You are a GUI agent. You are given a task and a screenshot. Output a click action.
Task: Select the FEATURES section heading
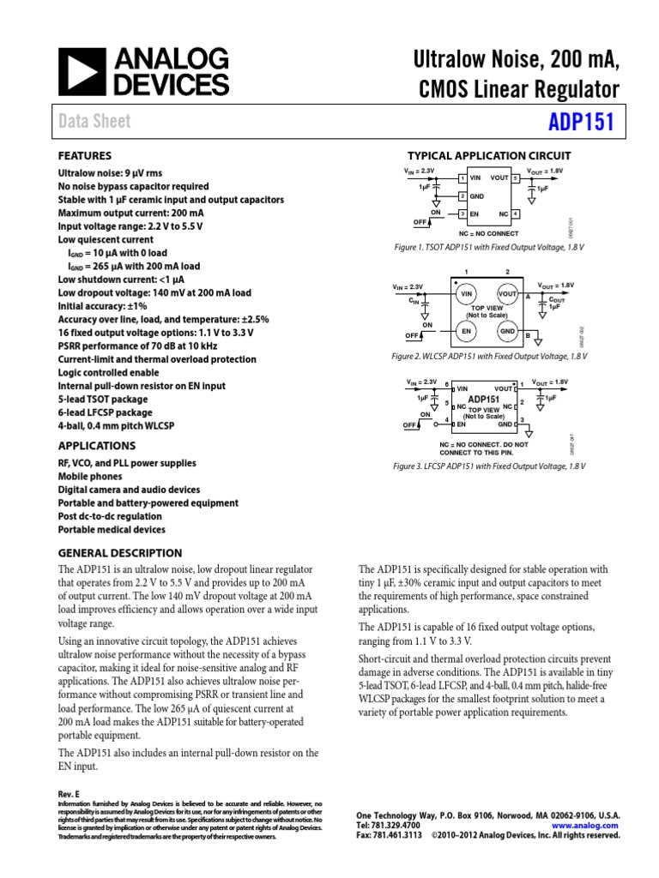pos(84,156)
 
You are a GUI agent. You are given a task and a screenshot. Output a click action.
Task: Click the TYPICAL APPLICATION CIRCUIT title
pos(488,156)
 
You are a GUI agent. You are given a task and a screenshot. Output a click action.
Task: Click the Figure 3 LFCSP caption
pos(488,466)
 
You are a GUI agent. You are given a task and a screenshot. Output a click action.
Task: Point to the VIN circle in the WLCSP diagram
pos(468,293)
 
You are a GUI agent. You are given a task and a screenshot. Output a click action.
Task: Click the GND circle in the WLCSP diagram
pos(507,331)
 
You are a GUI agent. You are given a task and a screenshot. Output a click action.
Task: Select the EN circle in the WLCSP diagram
pos(468,331)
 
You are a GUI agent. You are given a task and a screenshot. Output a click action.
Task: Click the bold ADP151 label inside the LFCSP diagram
pos(484,400)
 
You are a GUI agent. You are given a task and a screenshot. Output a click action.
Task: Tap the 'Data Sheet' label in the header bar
pos(94,121)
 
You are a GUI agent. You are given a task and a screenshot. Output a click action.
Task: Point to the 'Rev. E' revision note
pos(69,795)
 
